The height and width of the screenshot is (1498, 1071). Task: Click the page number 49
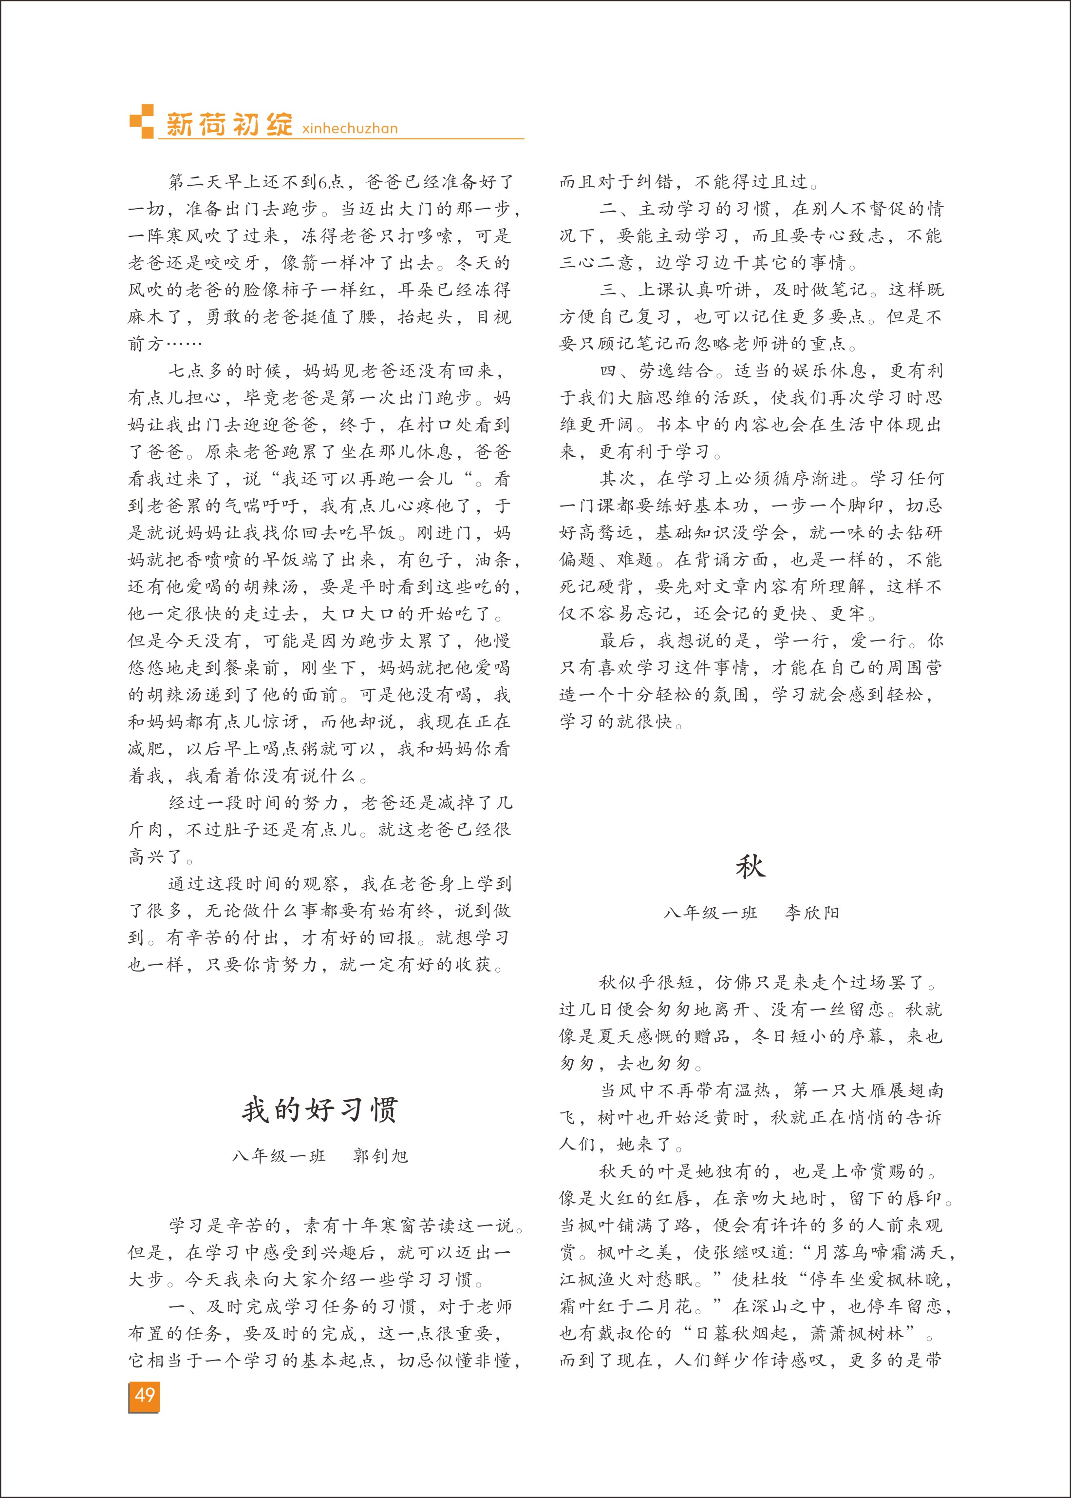point(145,1395)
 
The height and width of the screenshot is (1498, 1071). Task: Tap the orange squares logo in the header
point(142,121)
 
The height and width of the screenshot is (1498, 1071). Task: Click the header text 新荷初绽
point(229,124)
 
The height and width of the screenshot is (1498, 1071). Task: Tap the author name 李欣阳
point(812,914)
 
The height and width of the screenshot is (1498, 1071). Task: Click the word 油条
point(492,560)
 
